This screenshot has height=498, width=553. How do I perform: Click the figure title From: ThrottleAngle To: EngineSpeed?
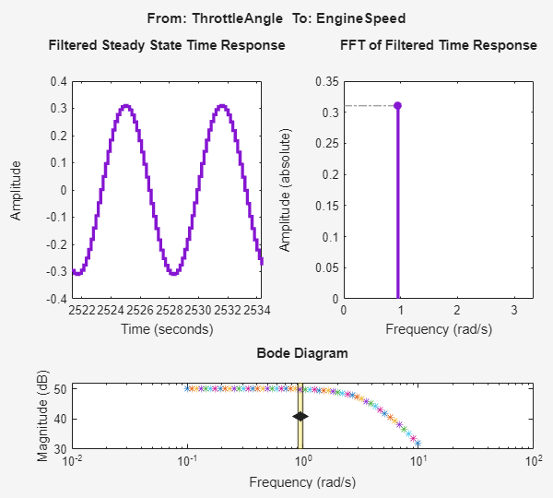coord(276,18)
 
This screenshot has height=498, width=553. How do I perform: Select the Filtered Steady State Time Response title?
coord(166,45)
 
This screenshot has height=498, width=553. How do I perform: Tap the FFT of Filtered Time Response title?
coord(438,45)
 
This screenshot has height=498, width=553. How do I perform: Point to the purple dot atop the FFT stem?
coord(397,105)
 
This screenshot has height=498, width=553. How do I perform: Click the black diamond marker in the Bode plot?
coord(300,417)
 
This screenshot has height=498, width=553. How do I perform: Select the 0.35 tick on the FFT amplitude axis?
coord(327,82)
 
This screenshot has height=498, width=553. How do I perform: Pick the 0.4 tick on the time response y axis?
coord(58,82)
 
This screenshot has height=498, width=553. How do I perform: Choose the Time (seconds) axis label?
coord(167,328)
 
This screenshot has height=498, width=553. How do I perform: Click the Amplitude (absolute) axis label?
coord(287,191)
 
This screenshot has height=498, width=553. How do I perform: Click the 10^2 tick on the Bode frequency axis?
coord(532,461)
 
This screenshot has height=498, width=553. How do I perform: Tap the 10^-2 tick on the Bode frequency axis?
coord(72,461)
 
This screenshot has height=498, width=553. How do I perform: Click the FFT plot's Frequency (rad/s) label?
coord(438,328)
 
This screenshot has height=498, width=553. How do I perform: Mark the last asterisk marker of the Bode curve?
coord(417,440)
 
